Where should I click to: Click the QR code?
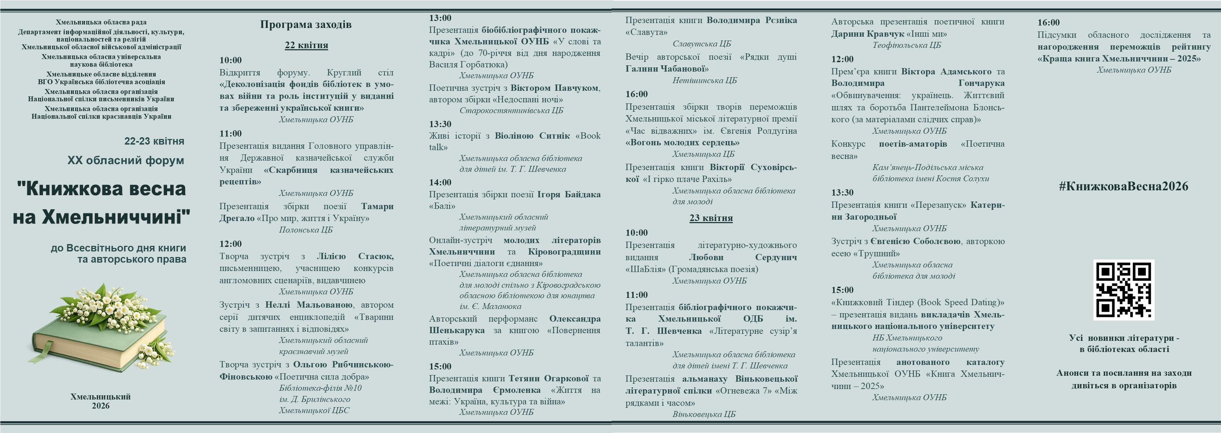(x=1124, y=289)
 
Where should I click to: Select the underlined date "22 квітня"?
(x=306, y=45)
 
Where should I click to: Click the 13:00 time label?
(x=440, y=18)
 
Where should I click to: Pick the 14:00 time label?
(x=440, y=182)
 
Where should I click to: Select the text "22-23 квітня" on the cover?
(x=154, y=141)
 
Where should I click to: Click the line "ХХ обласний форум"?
(x=125, y=161)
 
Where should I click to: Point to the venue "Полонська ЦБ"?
(x=306, y=230)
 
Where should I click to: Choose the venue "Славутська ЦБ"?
(x=701, y=44)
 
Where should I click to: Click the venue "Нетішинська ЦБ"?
(x=705, y=81)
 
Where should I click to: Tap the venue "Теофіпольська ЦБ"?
(x=906, y=45)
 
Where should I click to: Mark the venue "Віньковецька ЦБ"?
(x=704, y=414)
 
